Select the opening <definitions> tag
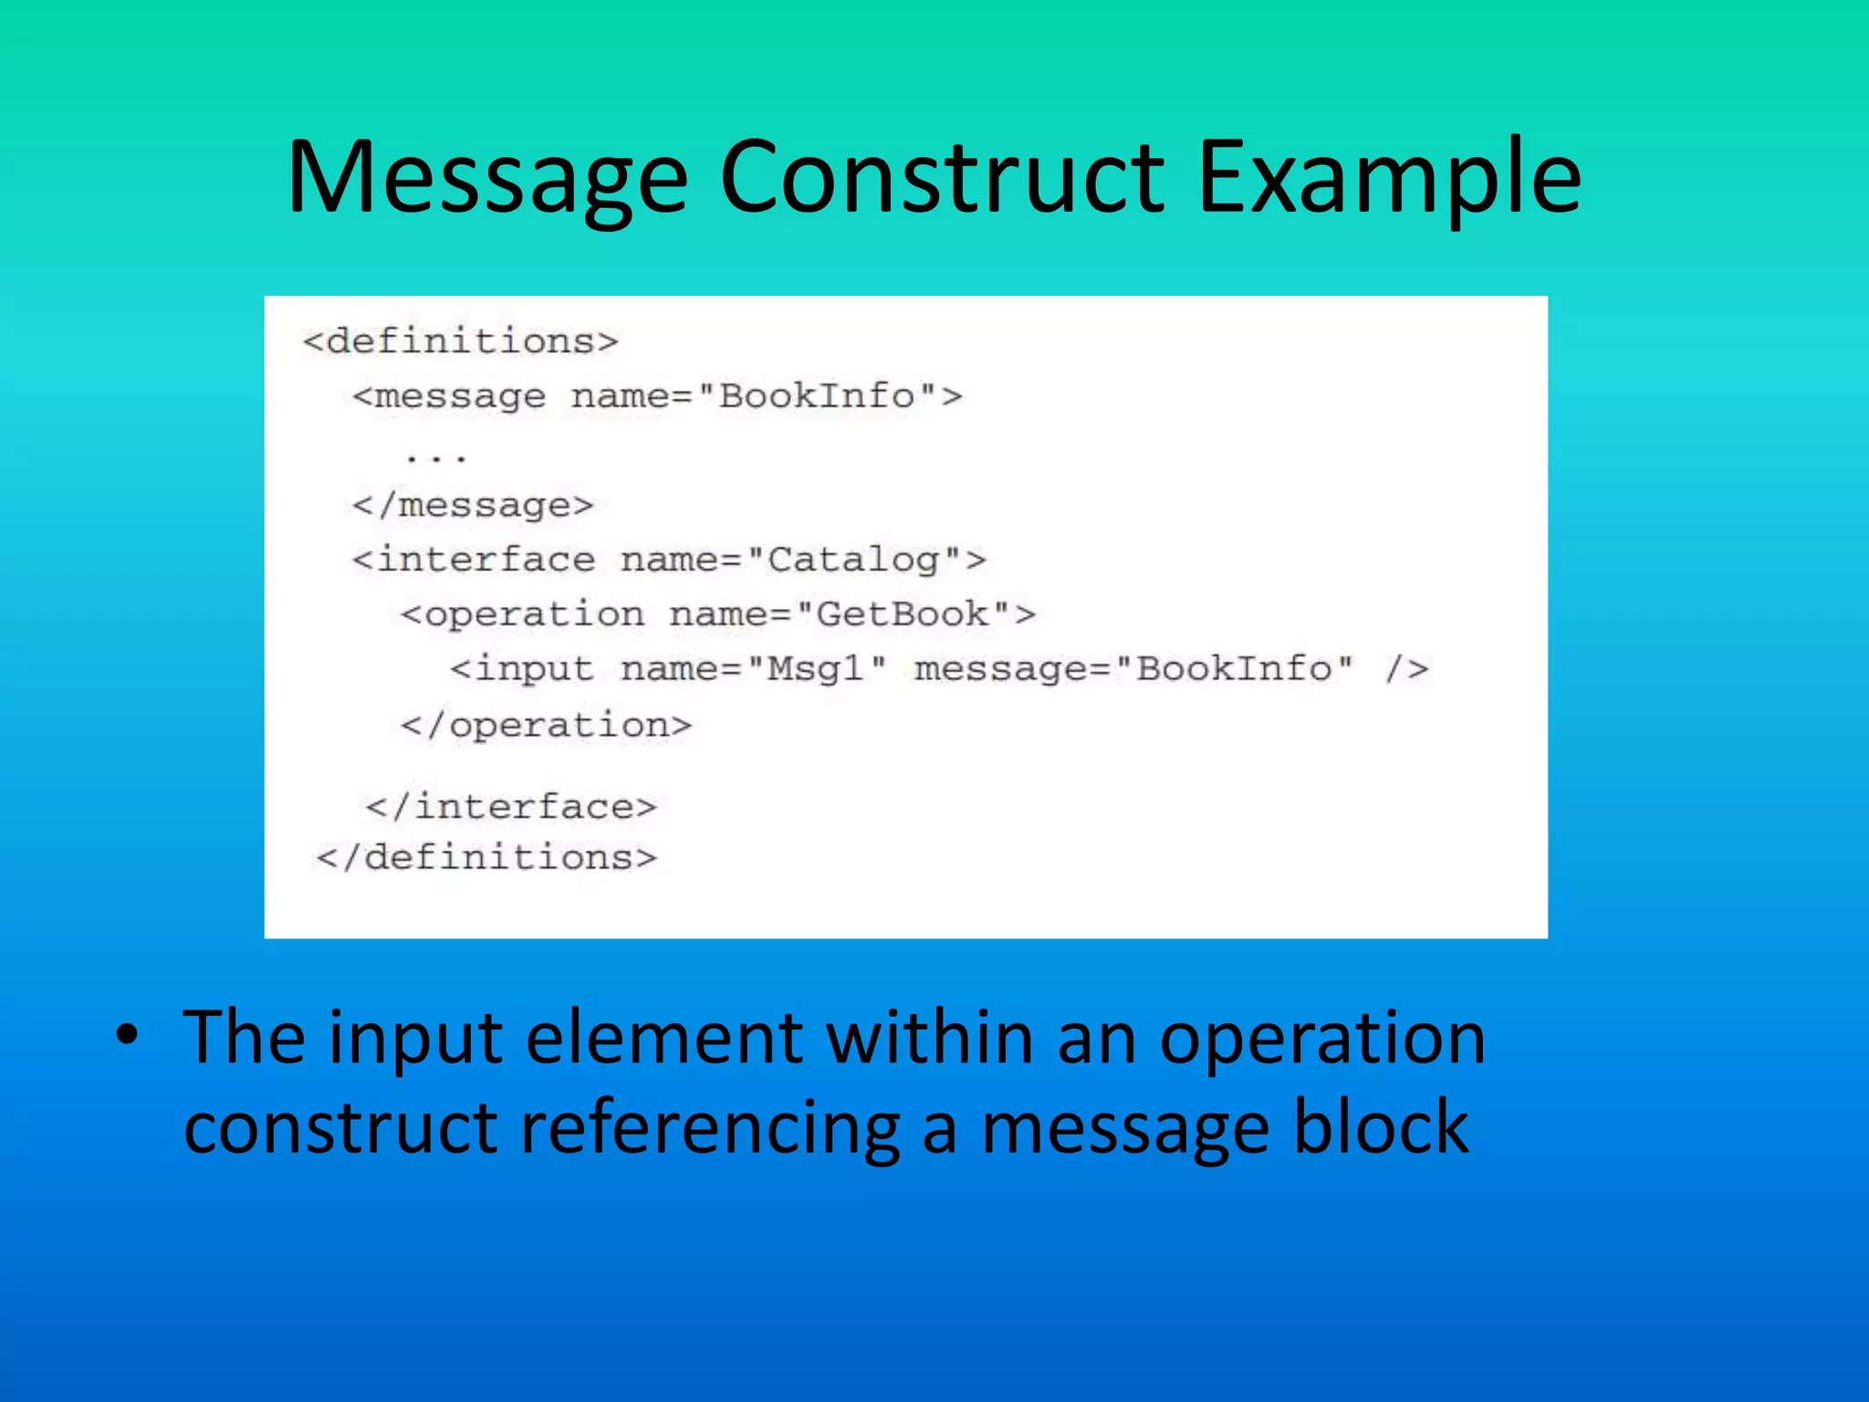click(461, 341)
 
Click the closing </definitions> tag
click(486, 857)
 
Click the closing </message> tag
click(473, 505)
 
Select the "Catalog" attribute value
click(853, 560)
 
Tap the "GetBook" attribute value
click(903, 614)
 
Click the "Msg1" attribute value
click(816, 669)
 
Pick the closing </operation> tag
click(546, 726)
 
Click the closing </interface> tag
click(510, 807)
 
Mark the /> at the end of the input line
click(1406, 669)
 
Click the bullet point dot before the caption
click(127, 1036)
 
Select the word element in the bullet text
click(664, 1038)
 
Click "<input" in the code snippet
click(521, 669)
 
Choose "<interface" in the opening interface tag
click(474, 560)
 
